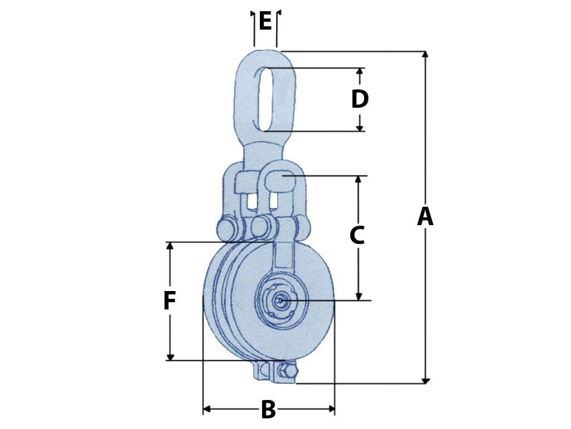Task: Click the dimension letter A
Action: (425, 217)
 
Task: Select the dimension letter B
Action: (268, 410)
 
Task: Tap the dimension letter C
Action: (357, 236)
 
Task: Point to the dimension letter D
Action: (360, 99)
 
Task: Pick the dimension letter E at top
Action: (265, 22)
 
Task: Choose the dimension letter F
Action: (170, 302)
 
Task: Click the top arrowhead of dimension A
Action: (425, 55)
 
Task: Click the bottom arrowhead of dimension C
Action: (359, 297)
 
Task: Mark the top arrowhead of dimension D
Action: (360, 71)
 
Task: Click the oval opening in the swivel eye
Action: (265, 99)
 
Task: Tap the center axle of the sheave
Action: (280, 301)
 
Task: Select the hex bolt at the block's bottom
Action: (287, 373)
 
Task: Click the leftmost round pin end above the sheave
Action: (228, 229)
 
